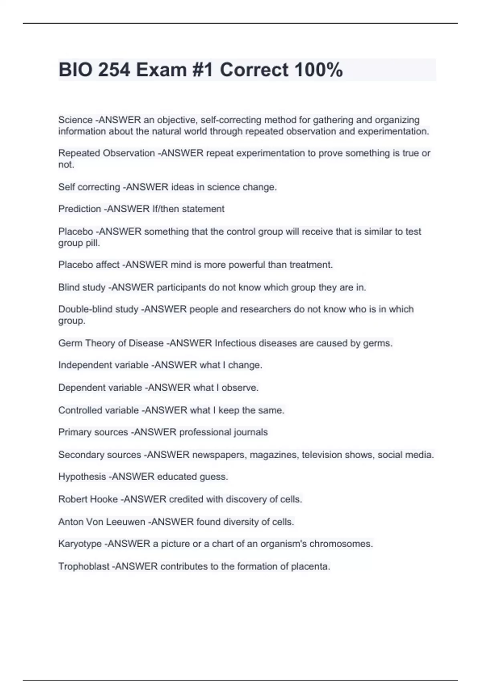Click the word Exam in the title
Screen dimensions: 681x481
[161, 70]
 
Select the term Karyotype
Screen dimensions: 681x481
[80, 544]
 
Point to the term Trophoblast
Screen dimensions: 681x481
[84, 566]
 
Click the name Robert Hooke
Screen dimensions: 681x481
[88, 500]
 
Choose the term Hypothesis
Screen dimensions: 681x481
[82, 477]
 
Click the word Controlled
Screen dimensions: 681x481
[79, 411]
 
